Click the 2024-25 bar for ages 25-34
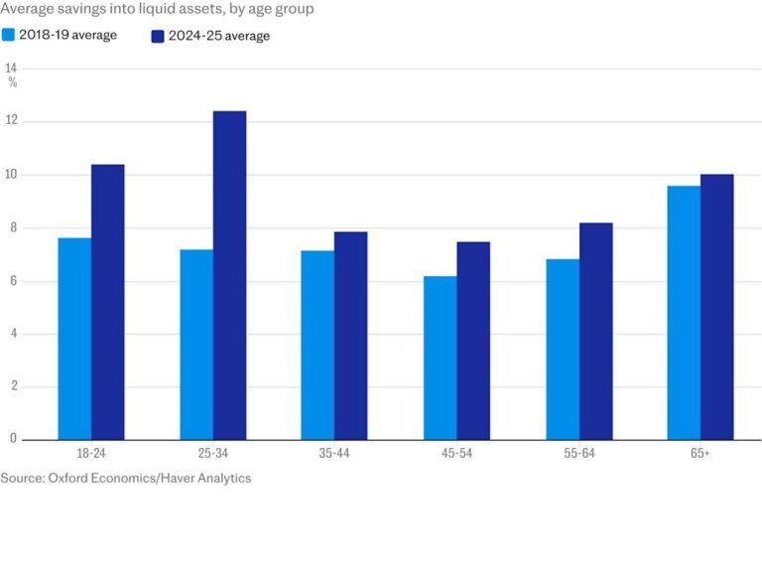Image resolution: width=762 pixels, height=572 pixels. click(229, 275)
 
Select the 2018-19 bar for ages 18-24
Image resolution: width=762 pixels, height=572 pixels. click(74, 339)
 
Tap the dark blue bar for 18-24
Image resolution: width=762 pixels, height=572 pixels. click(108, 302)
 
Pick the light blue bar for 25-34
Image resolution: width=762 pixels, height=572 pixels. click(196, 344)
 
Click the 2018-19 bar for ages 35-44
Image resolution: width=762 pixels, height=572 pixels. click(317, 345)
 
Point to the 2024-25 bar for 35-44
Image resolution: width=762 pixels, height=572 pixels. click(350, 336)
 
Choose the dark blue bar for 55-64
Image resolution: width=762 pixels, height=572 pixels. click(595, 331)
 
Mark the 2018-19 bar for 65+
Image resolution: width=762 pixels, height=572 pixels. click(684, 313)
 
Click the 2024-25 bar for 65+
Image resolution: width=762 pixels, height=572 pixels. click(716, 307)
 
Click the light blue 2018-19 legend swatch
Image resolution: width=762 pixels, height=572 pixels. click(9, 35)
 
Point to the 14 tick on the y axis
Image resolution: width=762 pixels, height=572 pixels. click(11, 68)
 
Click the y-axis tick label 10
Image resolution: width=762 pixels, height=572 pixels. click(11, 175)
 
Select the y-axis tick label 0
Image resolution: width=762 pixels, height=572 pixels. click(11, 439)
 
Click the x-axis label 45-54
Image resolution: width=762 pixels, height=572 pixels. click(456, 453)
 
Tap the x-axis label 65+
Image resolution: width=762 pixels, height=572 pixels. click(699, 453)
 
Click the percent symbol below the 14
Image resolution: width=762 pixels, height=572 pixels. click(13, 82)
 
